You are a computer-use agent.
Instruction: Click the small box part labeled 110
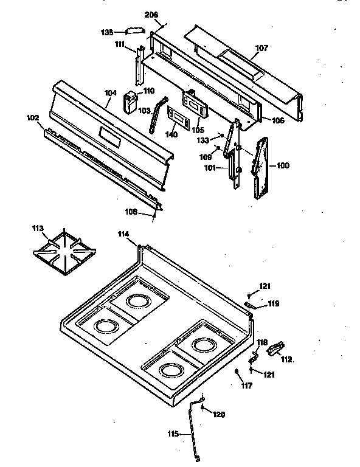pyautogui.click(x=130, y=101)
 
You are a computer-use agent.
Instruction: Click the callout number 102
pyautogui.click(x=32, y=119)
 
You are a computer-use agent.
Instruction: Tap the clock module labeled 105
pyautogui.click(x=194, y=102)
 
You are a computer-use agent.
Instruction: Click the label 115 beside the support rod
pyautogui.click(x=173, y=434)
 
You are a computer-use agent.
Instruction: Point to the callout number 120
pyautogui.click(x=218, y=415)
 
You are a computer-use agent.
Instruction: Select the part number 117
pyautogui.click(x=246, y=385)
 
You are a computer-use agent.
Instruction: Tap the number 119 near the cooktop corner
pyautogui.click(x=274, y=303)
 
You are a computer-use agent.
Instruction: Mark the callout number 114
pyautogui.click(x=125, y=233)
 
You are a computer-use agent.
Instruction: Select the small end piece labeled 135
pyautogui.click(x=133, y=30)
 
